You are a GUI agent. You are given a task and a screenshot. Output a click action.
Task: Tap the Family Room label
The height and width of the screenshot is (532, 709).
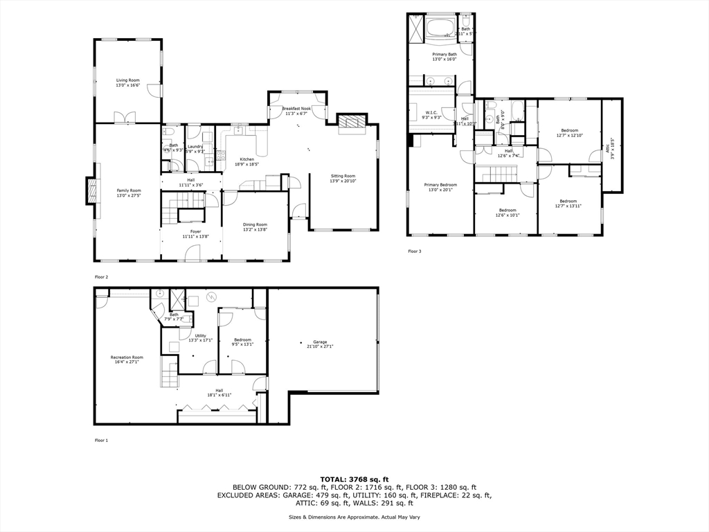[x=128, y=193]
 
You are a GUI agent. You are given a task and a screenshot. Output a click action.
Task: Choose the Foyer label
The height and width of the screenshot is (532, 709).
[x=191, y=233]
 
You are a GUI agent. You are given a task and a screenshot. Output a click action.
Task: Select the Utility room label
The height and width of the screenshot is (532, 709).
[x=201, y=337]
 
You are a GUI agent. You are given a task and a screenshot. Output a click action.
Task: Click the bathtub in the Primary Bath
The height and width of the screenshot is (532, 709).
[x=439, y=28]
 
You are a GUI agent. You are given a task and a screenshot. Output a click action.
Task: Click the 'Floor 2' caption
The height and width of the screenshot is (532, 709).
[x=102, y=277]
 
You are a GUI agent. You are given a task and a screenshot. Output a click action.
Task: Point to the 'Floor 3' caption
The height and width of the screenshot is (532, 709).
[x=414, y=251]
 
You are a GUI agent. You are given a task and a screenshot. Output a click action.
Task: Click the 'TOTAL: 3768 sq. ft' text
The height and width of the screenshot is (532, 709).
[x=354, y=479]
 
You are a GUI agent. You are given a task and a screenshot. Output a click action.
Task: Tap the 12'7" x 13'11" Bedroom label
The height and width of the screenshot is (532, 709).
[x=569, y=204]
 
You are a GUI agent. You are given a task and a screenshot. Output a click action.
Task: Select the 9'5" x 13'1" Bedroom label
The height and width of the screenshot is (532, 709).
[x=242, y=342]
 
